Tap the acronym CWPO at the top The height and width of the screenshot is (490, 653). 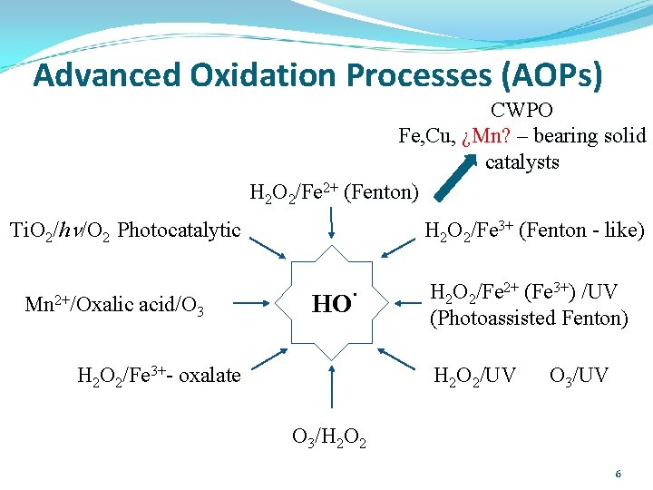pyautogui.click(x=521, y=111)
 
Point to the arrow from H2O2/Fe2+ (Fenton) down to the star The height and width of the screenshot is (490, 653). pyautogui.click(x=331, y=223)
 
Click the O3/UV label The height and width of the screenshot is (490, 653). pyautogui.click(x=580, y=375)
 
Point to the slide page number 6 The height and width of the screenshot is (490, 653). pyautogui.click(x=618, y=474)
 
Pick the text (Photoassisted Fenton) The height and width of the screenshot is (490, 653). pyautogui.click(x=529, y=318)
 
